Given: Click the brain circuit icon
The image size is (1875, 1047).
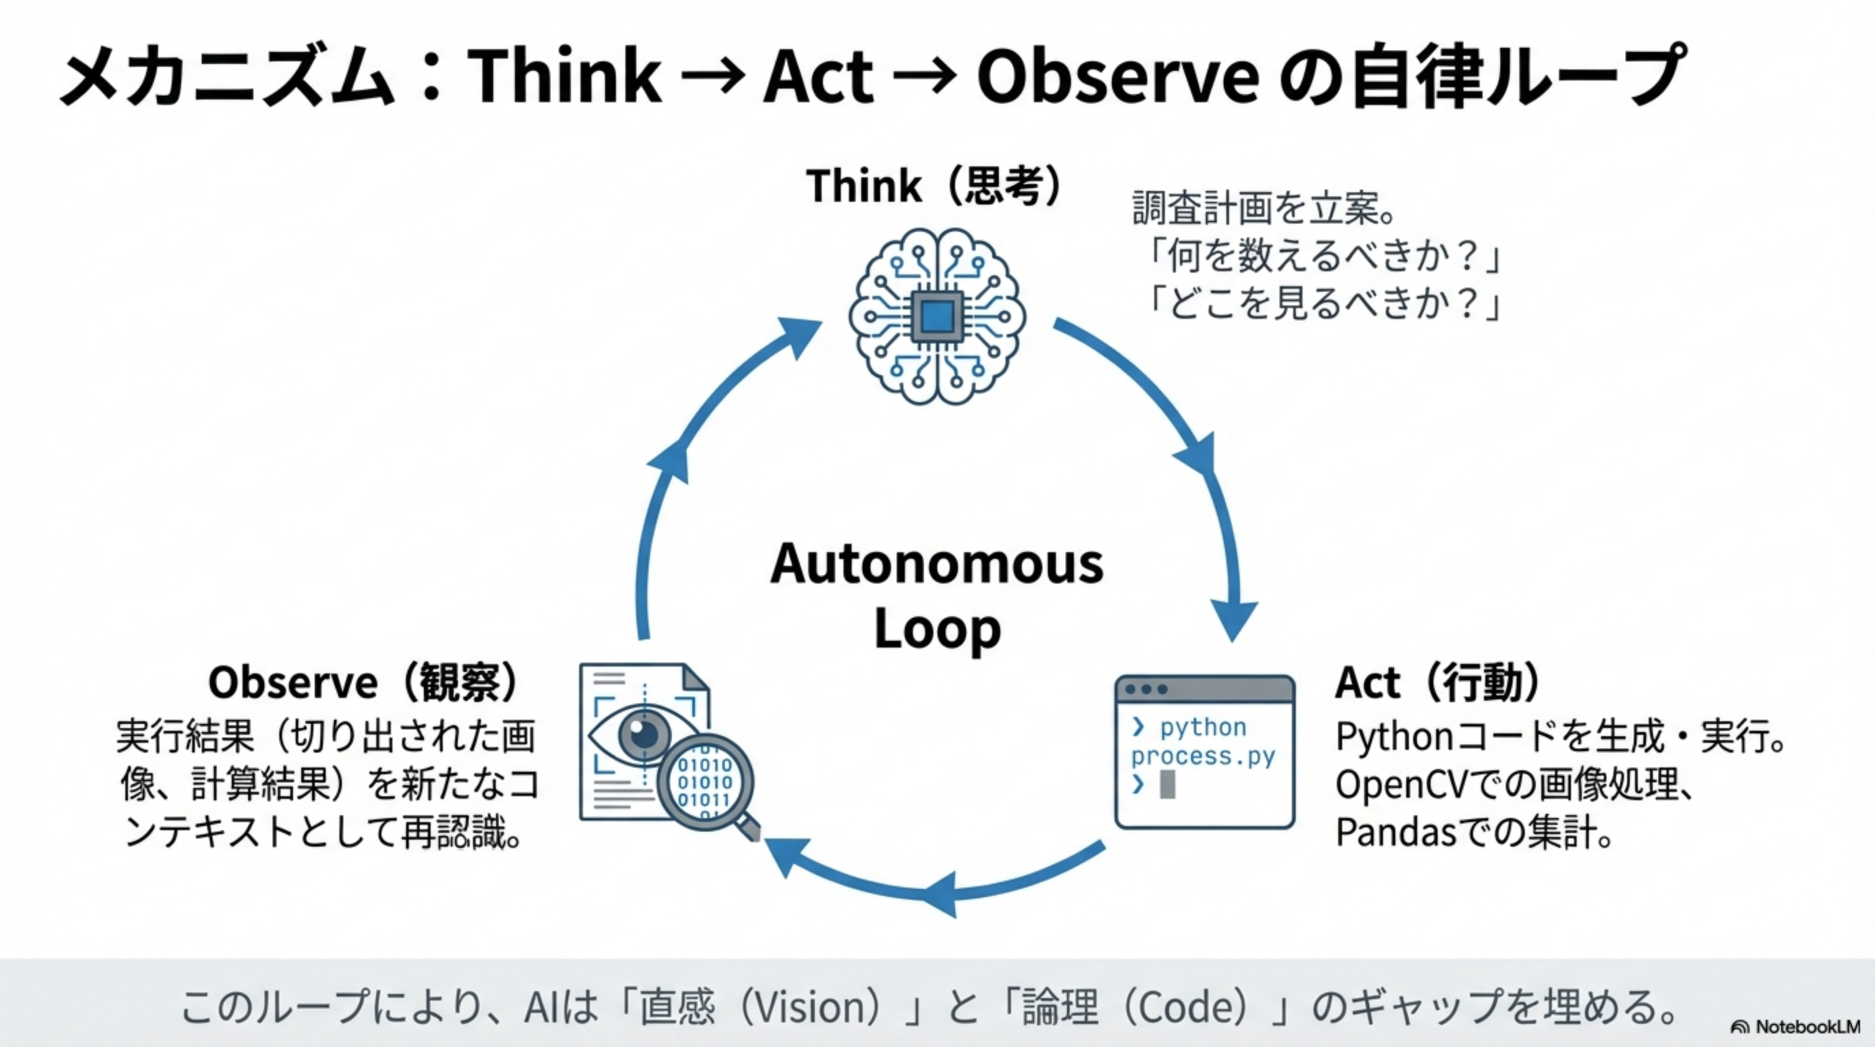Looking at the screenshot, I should coord(937,317).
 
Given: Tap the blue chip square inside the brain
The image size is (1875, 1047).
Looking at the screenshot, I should coord(937,317).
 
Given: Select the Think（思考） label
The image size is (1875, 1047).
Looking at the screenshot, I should coord(935,185).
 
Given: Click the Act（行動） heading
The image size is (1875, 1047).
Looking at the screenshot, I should coord(1438,683).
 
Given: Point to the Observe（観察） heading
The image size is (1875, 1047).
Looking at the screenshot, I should coord(363,683).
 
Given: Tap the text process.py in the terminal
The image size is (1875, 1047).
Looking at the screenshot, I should coord(1203,757).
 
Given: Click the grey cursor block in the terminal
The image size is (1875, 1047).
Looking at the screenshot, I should coord(1167,784).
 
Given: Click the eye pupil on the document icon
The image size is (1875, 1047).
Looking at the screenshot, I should coord(643,733).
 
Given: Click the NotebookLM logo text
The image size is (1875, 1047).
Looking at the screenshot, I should coord(1808,1027).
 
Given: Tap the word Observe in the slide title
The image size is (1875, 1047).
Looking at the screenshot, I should coord(1117,76).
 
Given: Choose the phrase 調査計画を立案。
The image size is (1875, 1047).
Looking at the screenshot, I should coord(1264,209).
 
